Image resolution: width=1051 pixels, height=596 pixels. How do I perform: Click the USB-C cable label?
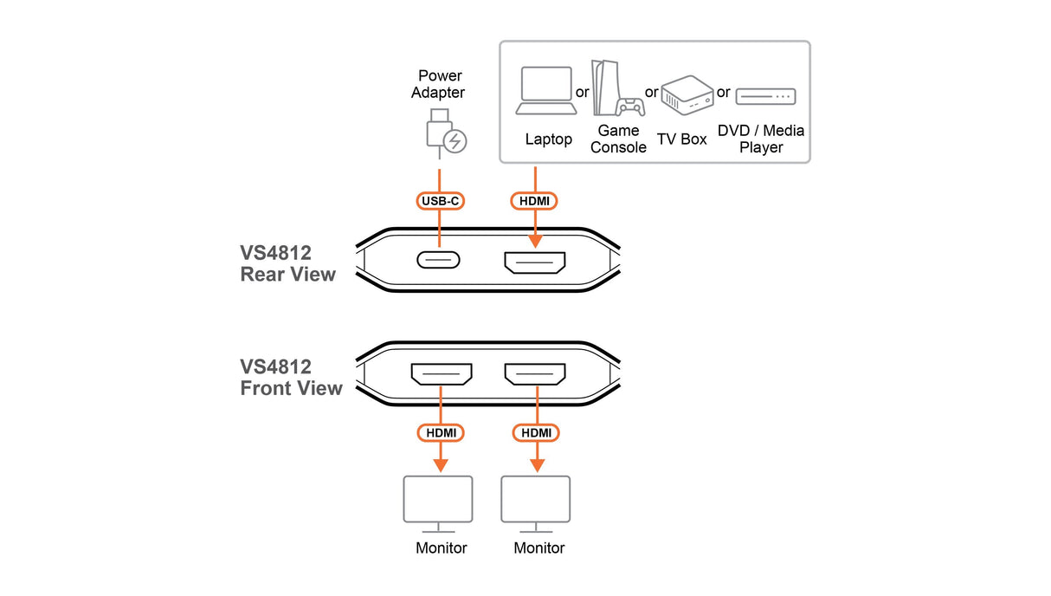pos(440,201)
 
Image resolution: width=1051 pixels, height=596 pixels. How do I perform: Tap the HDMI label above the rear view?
pos(534,201)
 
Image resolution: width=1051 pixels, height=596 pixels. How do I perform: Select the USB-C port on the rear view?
pos(438,260)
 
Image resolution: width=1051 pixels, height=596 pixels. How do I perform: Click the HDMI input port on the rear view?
pos(535,262)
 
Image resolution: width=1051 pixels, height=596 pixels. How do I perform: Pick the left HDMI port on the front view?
pos(442,374)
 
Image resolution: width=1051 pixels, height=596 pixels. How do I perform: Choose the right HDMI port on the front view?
pos(535,374)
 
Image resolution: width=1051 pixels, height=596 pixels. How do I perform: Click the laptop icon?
pos(546,91)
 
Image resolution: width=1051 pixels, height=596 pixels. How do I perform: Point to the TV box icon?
pos(687,95)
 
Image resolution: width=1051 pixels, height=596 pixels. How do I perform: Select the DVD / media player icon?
pos(765,96)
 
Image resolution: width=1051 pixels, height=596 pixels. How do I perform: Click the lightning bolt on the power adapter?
pos(455,141)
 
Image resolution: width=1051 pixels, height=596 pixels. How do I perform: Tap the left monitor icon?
pos(438,504)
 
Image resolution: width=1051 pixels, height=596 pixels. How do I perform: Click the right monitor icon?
pos(536,504)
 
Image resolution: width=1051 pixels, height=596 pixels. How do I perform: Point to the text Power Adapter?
pos(438,84)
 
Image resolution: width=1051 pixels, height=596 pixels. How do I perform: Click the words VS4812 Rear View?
pos(287,263)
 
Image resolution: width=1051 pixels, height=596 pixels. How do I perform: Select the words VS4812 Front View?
pos(292,378)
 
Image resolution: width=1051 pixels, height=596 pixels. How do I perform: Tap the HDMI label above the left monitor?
pos(441,432)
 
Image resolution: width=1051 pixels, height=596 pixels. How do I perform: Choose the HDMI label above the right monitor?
pos(536,432)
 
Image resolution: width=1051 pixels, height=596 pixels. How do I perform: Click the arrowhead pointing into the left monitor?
pos(441,466)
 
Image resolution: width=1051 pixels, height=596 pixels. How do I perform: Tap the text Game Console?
pos(618,139)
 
